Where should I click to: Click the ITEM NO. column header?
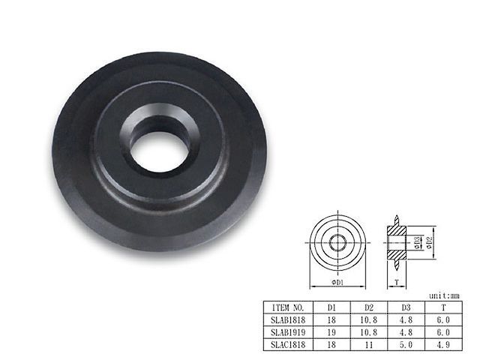pos(288,307)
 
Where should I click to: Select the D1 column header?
pos(331,307)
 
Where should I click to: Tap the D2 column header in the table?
pos(369,307)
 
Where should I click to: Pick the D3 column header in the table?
pos(406,307)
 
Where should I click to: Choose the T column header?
pos(443,307)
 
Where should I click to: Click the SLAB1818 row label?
pos(288,320)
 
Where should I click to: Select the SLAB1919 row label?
pos(288,332)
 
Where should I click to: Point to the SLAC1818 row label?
pos(288,345)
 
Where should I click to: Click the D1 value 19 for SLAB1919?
pos(331,332)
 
